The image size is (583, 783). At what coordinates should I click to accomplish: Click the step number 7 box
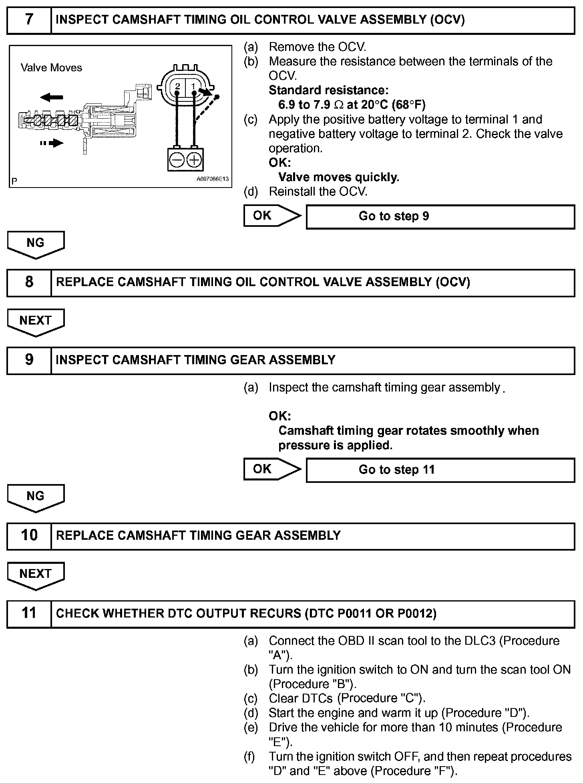click(29, 20)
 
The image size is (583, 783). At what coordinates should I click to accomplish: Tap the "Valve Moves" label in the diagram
click(51, 68)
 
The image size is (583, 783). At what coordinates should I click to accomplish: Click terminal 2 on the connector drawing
click(177, 86)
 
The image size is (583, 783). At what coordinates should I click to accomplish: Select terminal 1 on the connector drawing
click(193, 86)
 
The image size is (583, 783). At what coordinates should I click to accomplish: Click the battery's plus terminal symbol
click(194, 160)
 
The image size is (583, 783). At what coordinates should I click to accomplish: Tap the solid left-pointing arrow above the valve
click(52, 97)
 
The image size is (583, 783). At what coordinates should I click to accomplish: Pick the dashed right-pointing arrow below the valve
click(52, 143)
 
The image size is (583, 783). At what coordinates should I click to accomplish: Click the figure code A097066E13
click(212, 179)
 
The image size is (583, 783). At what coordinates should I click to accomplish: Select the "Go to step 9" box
click(440, 217)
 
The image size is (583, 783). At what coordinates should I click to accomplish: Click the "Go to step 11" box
click(440, 470)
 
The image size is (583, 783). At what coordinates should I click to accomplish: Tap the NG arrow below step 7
click(36, 244)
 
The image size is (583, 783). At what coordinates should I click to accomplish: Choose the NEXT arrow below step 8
click(36, 322)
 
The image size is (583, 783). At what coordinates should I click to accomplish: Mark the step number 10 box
click(29, 535)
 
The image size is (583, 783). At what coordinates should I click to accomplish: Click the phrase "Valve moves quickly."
click(339, 177)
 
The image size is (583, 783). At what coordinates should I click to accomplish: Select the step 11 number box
click(29, 613)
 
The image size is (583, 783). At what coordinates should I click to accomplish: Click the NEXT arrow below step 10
click(36, 575)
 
